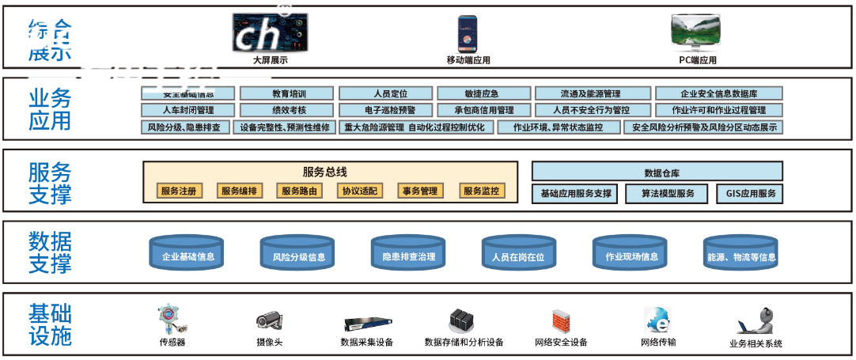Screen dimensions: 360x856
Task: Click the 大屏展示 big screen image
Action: point(270,33)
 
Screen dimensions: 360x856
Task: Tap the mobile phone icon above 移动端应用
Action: point(468,34)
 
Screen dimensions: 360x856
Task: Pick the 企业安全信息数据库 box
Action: point(719,93)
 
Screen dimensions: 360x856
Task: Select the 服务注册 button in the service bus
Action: point(178,191)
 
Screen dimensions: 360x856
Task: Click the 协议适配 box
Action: point(359,191)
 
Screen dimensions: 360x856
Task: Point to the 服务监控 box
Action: point(481,191)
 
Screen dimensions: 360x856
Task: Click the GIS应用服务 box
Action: point(750,193)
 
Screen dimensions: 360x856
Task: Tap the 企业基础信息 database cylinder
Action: point(188,255)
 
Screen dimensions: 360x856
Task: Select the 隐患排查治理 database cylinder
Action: point(408,255)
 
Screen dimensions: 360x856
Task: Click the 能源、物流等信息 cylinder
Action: point(740,255)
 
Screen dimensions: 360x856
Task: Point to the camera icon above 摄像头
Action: point(269,320)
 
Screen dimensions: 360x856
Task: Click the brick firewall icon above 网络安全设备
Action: point(561,320)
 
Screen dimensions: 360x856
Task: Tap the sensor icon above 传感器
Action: point(172,319)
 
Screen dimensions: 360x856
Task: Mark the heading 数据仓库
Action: point(657,172)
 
